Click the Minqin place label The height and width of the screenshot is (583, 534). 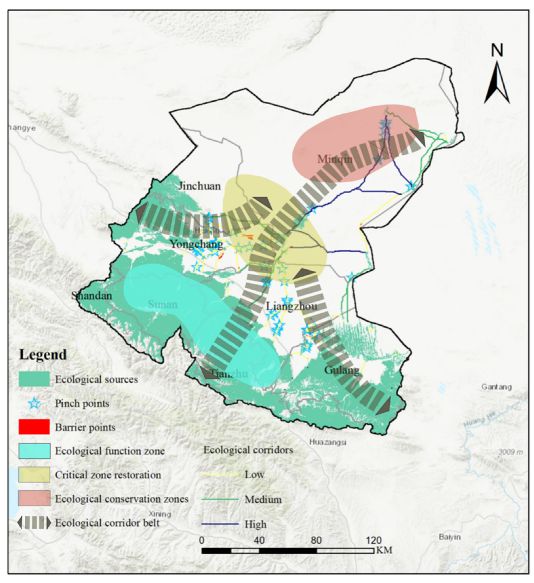click(x=334, y=159)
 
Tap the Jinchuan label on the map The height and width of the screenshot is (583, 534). click(x=199, y=186)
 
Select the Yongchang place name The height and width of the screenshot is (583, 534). click(x=196, y=244)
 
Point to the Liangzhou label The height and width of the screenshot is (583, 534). click(x=291, y=306)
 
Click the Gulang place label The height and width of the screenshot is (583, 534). click(x=341, y=370)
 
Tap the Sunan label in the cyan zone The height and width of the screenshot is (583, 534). click(x=162, y=304)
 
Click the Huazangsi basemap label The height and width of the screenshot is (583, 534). click(x=327, y=442)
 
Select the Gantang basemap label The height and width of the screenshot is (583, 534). click(x=496, y=387)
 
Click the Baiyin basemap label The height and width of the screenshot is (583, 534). click(x=450, y=537)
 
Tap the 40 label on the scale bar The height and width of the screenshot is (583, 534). click(x=259, y=540)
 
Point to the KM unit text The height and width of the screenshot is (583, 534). click(x=384, y=550)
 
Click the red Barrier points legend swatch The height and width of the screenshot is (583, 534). click(x=34, y=427)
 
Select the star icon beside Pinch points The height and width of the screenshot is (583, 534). click(x=34, y=403)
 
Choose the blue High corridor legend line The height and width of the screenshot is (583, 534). click(x=220, y=524)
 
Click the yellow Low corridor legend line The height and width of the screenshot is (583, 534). click(x=220, y=475)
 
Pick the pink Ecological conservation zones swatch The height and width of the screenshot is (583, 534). click(x=34, y=499)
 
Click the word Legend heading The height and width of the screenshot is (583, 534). click(x=43, y=354)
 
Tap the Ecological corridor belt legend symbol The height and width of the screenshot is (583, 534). click(x=34, y=523)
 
